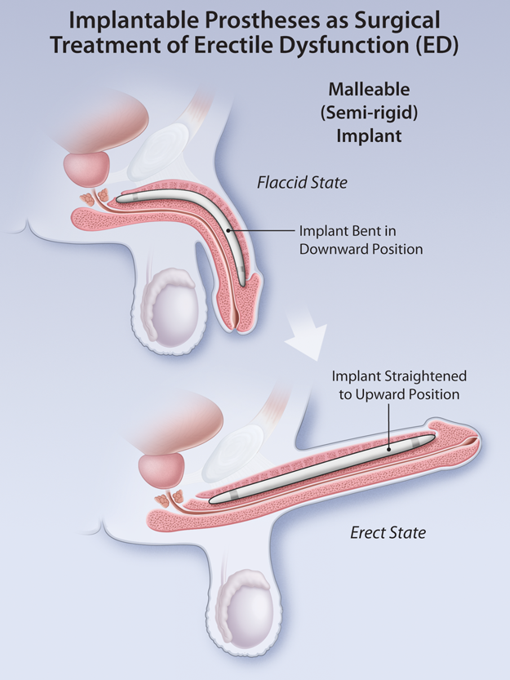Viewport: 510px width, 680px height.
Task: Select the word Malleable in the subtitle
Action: point(369,90)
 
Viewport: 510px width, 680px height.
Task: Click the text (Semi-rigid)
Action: point(369,113)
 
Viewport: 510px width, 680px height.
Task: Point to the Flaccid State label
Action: point(303,183)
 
